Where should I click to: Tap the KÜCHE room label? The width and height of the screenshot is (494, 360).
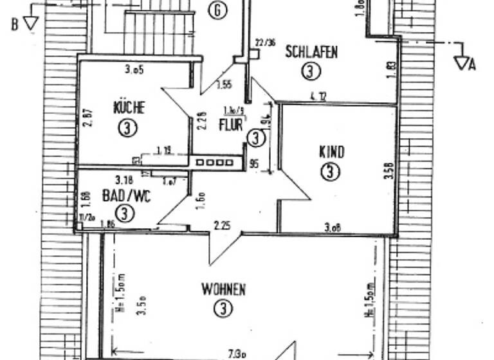[x=129, y=107]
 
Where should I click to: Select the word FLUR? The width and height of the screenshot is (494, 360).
[x=231, y=124]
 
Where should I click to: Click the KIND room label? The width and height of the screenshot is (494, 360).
[x=331, y=152]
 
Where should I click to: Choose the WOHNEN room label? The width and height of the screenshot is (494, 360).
[x=223, y=290]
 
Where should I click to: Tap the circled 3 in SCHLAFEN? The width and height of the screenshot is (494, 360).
[x=311, y=71]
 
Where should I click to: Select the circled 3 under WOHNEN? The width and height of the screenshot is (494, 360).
[x=223, y=310]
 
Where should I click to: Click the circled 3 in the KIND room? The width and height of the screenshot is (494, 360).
[x=330, y=172]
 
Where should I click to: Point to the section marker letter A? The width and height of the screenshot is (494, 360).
[x=472, y=64]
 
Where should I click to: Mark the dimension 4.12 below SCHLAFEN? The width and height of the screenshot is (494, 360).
[x=318, y=97]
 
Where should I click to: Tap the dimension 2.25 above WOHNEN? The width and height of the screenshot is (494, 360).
[x=222, y=225]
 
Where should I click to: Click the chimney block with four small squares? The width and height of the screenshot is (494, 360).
[x=215, y=163]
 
